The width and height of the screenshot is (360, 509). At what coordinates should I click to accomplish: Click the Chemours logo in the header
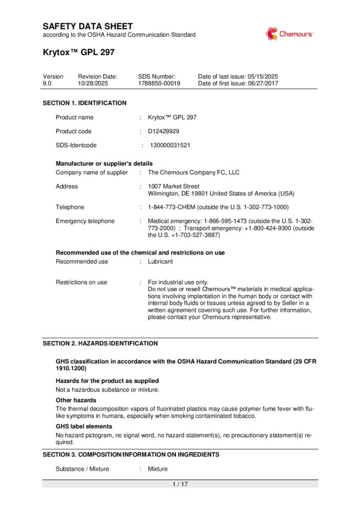[289, 34]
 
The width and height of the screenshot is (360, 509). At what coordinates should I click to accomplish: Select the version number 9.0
[47, 84]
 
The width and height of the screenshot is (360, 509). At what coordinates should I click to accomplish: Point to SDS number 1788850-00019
[159, 84]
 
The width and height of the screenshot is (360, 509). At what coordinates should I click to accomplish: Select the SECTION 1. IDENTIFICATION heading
[85, 103]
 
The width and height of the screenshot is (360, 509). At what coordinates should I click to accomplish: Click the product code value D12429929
[164, 131]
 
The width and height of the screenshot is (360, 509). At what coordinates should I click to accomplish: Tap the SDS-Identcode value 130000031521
[170, 146]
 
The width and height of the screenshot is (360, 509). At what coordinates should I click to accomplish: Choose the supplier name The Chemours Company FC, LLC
[193, 172]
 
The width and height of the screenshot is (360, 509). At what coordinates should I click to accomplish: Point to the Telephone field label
[70, 207]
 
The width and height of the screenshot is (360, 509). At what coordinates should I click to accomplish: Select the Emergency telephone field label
[85, 221]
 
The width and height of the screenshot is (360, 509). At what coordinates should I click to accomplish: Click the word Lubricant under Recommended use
[161, 261]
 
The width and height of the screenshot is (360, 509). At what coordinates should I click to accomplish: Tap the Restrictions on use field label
[81, 282]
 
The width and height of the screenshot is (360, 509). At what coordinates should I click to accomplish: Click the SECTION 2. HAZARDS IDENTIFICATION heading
[100, 343]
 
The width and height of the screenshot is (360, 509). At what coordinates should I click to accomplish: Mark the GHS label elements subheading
[84, 426]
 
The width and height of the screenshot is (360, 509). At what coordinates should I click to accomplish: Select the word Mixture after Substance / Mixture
[158, 469]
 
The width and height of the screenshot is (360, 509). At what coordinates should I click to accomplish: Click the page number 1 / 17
[180, 484]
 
